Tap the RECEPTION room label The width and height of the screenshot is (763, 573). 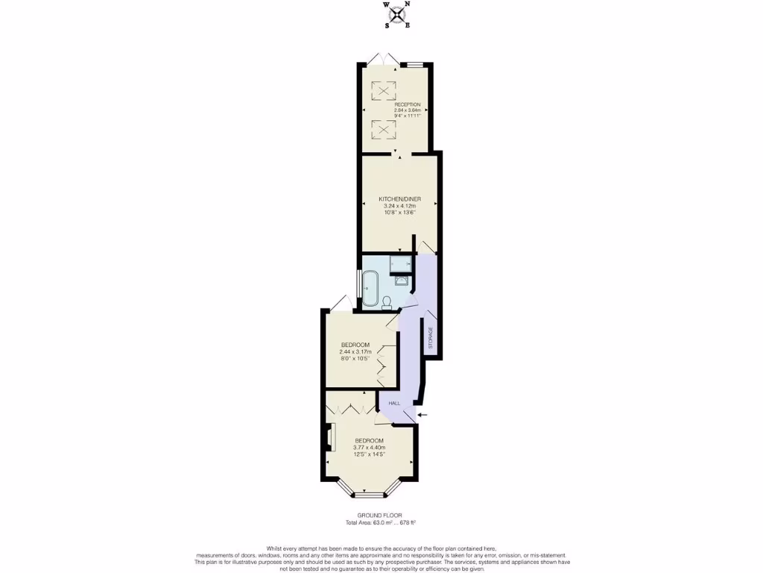pos(407,104)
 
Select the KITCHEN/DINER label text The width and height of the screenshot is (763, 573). pos(399,199)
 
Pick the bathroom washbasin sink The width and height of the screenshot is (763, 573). pos(401,281)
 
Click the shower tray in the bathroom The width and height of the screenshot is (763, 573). pos(401,263)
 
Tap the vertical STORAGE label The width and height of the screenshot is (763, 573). pos(430,338)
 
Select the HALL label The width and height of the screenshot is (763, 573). pos(394,403)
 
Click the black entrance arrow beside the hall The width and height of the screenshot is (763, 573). pos(423,415)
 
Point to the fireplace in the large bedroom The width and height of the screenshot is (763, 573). pos(331,437)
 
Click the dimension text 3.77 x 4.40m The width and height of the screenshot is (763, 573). pos(369,448)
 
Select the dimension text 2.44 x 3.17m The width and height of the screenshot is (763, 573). pos(355,351)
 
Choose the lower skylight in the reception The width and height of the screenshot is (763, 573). pos(384,130)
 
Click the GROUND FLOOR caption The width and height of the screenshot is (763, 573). pos(381,516)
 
